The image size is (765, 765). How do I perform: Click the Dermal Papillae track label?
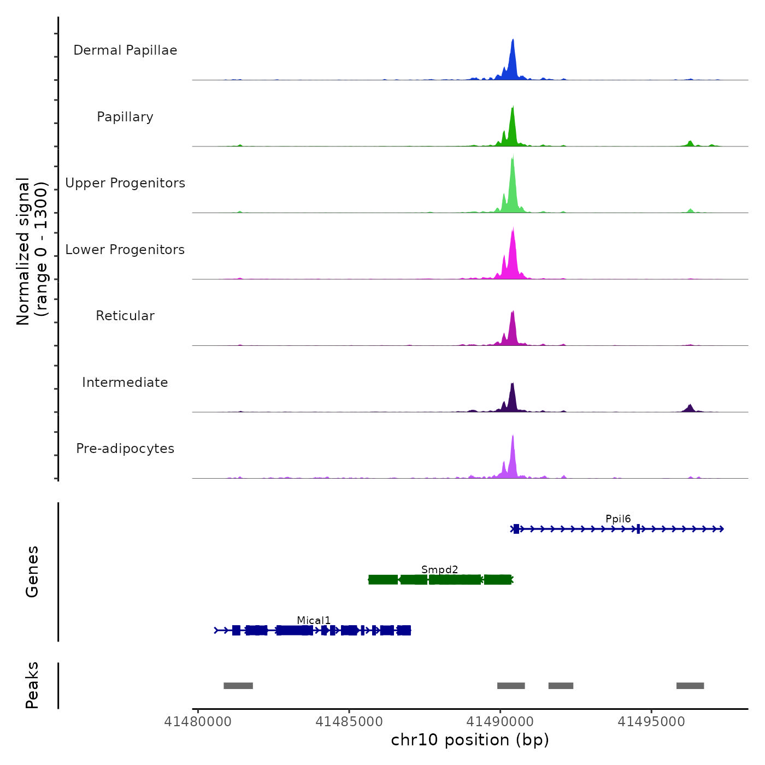(x=125, y=50)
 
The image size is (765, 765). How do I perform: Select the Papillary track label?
(x=125, y=117)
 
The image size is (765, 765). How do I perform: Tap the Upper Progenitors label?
(x=125, y=183)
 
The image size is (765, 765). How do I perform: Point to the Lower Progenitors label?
(x=125, y=250)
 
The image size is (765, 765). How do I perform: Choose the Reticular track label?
(x=125, y=316)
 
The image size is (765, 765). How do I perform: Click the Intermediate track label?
(x=125, y=382)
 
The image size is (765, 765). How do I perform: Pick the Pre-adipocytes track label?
(x=125, y=449)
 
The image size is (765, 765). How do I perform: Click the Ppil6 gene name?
(x=618, y=519)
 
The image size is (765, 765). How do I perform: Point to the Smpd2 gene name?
(x=439, y=570)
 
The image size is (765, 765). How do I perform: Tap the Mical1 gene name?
(x=314, y=621)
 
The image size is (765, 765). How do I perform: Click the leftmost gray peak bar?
(x=238, y=686)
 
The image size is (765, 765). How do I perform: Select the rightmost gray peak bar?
(x=690, y=686)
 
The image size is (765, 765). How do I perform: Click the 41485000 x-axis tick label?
(x=349, y=722)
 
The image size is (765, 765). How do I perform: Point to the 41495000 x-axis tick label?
(x=651, y=722)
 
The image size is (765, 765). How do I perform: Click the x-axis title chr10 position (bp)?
(x=470, y=740)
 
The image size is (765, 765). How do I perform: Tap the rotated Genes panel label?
(x=32, y=572)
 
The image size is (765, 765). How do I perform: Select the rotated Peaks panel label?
(x=32, y=685)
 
